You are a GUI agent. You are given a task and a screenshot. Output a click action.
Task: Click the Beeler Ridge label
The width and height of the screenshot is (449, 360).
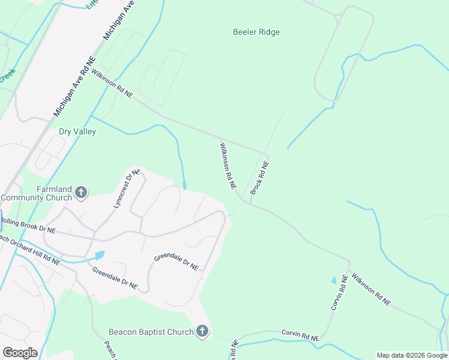[x=256, y=32]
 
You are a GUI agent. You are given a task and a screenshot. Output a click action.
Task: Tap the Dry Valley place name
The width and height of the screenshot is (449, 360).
[x=77, y=131]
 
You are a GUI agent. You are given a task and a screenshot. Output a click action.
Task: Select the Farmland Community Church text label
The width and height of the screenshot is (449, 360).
[x=37, y=193]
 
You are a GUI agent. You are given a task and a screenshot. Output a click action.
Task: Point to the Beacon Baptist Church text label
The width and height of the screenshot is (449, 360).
[x=151, y=332]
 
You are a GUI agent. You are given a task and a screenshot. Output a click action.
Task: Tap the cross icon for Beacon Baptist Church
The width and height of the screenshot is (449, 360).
[x=202, y=331]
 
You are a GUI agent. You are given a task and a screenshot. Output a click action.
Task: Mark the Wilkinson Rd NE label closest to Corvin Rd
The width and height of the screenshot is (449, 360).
[x=371, y=290]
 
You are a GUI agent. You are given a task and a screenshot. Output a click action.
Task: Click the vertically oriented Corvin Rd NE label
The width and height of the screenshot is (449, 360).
[x=340, y=292]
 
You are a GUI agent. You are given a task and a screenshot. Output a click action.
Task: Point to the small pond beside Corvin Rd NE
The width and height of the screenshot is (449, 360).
[x=334, y=280]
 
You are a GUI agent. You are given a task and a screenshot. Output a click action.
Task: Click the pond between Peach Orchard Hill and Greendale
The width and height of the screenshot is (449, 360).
[x=99, y=255]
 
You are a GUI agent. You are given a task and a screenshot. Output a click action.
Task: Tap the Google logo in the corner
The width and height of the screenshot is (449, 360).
[x=19, y=352]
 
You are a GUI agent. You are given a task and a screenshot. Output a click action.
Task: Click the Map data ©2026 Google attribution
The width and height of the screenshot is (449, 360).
[x=412, y=355]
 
